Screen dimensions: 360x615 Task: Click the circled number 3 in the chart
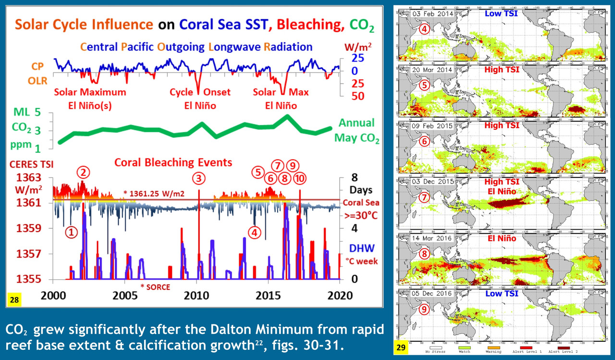pyautogui.click(x=198, y=178)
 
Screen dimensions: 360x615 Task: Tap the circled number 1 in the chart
pyautogui.click(x=71, y=233)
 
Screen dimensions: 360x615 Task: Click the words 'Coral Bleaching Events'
pyautogui.click(x=173, y=162)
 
